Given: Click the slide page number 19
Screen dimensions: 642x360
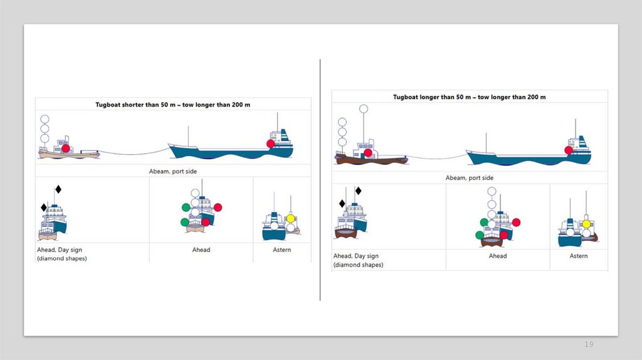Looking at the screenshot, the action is (x=589, y=344).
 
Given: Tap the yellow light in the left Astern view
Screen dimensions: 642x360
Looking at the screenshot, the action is (x=290, y=218).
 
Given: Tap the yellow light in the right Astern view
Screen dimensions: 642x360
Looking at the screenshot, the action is (x=586, y=224).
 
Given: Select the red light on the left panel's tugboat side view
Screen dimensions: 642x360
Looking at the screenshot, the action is (x=65, y=149).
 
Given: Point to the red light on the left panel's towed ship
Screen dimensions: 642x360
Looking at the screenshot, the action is (x=271, y=144).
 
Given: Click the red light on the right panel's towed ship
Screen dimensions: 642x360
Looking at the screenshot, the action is (x=569, y=150).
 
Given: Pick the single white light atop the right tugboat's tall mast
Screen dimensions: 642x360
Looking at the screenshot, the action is (x=363, y=109).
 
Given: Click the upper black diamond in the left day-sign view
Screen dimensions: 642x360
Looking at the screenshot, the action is (x=58, y=189).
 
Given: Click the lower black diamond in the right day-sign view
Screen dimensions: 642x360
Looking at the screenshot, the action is (x=342, y=203).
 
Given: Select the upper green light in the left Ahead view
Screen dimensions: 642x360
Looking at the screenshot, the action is (x=186, y=207).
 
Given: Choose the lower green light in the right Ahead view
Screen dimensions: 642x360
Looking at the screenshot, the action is (x=480, y=235).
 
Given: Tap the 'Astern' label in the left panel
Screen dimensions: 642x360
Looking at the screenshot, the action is (x=282, y=250).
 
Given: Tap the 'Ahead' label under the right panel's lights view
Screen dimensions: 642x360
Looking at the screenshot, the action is (x=498, y=256).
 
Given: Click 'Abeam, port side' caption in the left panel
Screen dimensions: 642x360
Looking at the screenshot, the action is (x=174, y=171).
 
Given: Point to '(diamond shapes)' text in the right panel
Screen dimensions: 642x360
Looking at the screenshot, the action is (x=358, y=265).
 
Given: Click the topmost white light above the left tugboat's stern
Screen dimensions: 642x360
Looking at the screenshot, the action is (x=45, y=119).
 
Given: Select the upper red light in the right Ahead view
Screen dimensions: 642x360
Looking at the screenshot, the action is (x=516, y=222).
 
